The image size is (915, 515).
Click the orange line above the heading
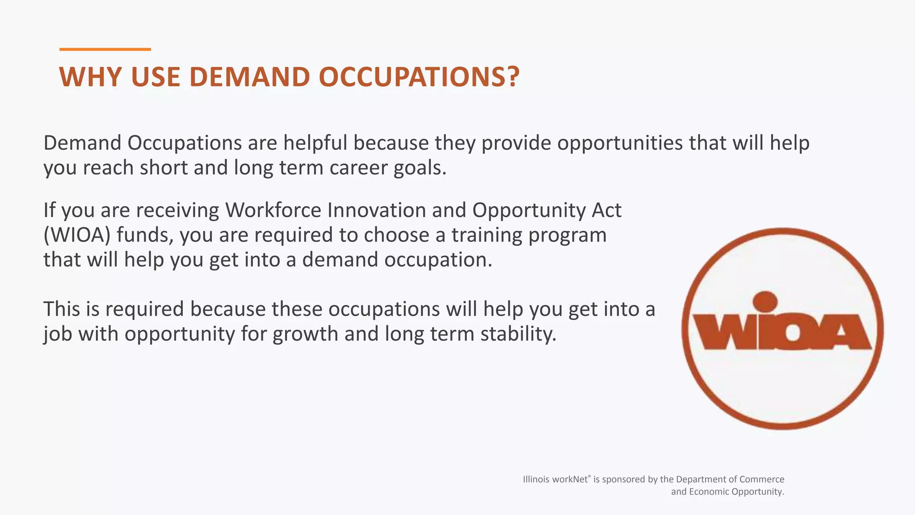pyautogui.click(x=105, y=49)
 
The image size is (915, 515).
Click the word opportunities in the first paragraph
pyautogui.click(x=620, y=143)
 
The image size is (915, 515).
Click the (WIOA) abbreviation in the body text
pyautogui.click(x=77, y=235)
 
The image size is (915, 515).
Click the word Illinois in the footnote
pyautogui.click(x=537, y=479)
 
